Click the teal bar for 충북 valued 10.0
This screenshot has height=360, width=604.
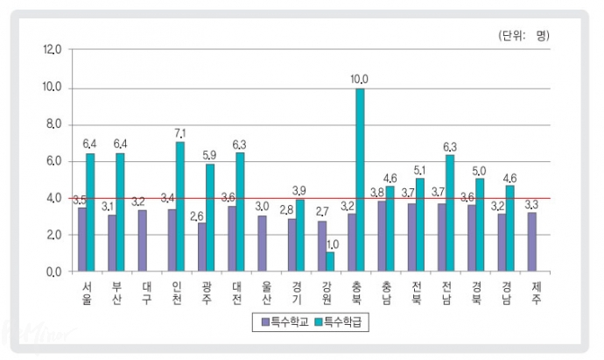pos(360,180)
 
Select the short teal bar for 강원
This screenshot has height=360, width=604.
pos(330,262)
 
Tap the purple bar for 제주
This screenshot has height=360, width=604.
pos(531,242)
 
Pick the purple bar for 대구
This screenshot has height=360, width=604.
pos(142,241)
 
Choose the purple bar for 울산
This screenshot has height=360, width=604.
pos(262,244)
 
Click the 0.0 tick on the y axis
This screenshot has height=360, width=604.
pos(53,272)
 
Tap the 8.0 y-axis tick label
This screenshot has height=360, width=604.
pos(53,125)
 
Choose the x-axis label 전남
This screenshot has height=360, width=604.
pos(446,293)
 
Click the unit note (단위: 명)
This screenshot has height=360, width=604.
pos(523,35)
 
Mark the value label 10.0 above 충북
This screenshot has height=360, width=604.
pos(359,80)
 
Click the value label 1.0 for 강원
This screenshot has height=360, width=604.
pos(330,244)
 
